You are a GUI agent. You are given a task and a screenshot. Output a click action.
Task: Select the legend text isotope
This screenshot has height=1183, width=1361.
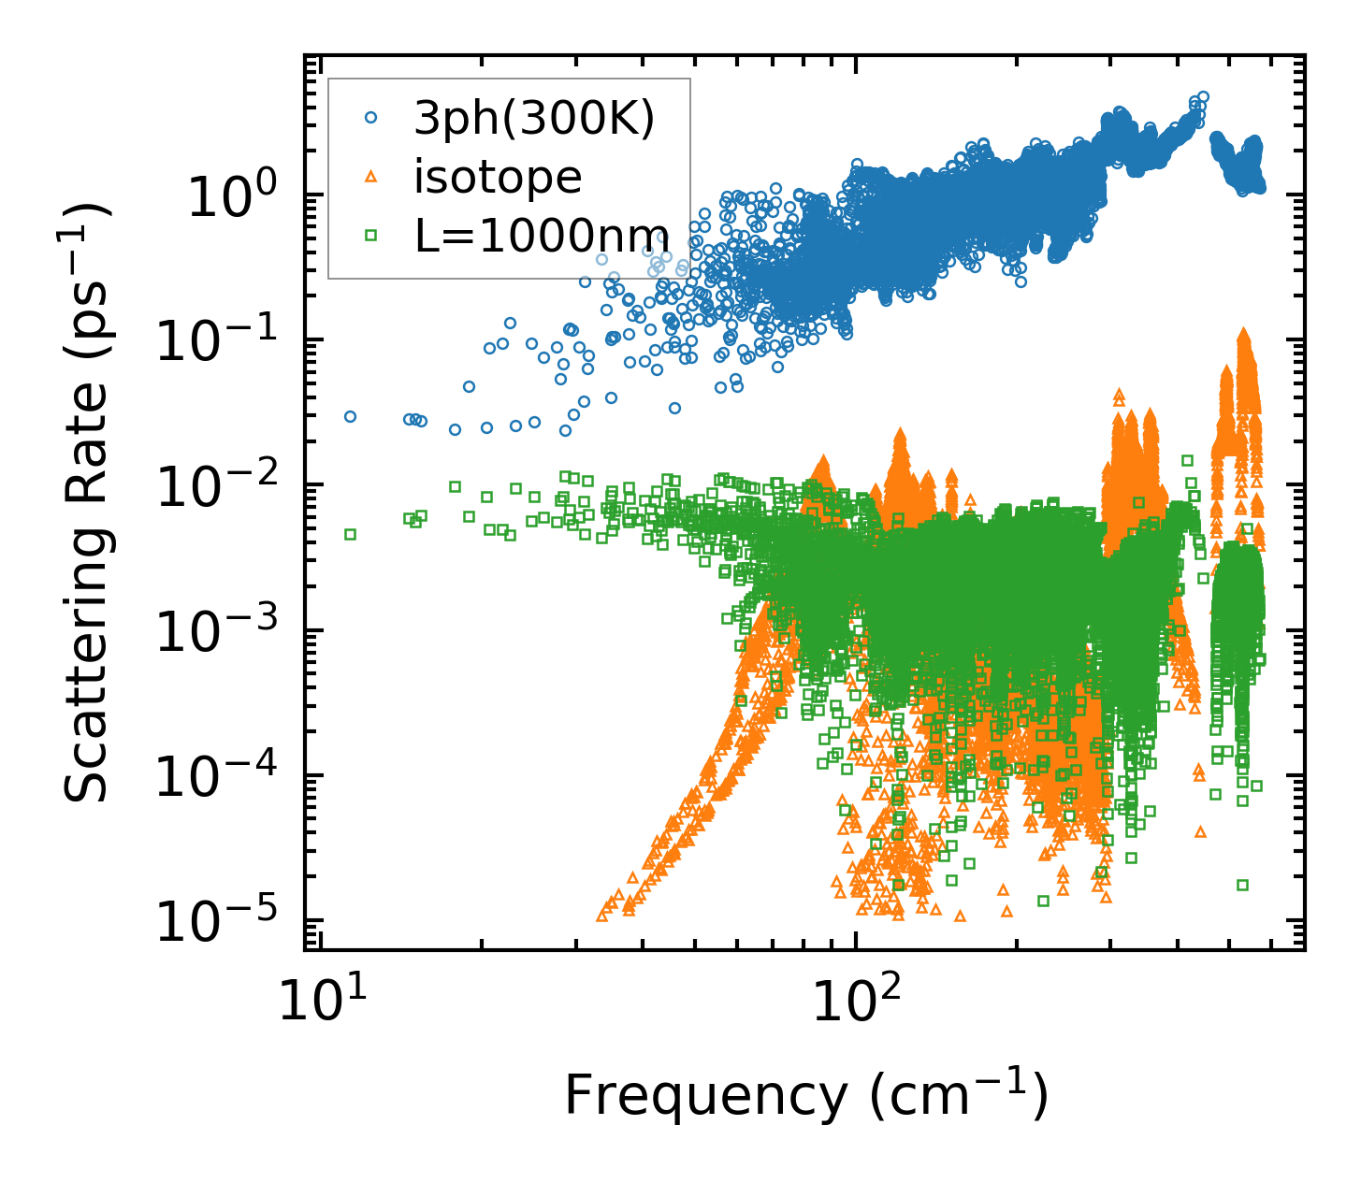[x=498, y=177]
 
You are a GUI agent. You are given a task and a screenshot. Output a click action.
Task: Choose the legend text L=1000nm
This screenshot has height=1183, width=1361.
[x=542, y=236]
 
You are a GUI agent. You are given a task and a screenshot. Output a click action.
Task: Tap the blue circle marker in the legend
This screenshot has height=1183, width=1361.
[x=370, y=118]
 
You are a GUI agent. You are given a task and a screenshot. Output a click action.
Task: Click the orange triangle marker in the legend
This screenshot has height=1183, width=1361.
[x=370, y=177]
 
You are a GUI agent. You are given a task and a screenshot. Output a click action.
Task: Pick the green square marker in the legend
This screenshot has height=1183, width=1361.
[x=370, y=236]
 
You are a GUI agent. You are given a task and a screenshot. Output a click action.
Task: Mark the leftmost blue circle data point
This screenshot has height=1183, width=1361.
[x=350, y=416]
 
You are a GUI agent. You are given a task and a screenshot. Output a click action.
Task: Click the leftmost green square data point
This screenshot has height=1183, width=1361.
[x=350, y=534]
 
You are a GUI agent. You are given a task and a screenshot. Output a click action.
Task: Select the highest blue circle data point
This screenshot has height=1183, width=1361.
[x=1203, y=96]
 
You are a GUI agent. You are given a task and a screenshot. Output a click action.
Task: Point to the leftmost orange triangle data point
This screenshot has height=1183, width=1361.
[x=602, y=916]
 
